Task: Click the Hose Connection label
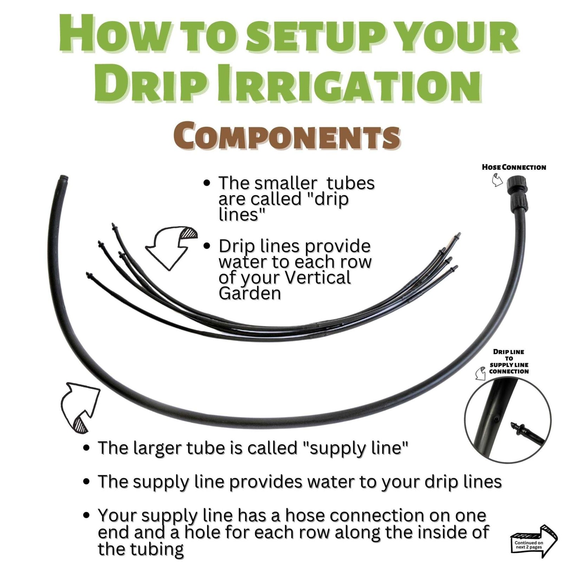point(514,167)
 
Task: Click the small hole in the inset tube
point(495,418)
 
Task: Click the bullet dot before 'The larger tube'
point(86,449)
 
